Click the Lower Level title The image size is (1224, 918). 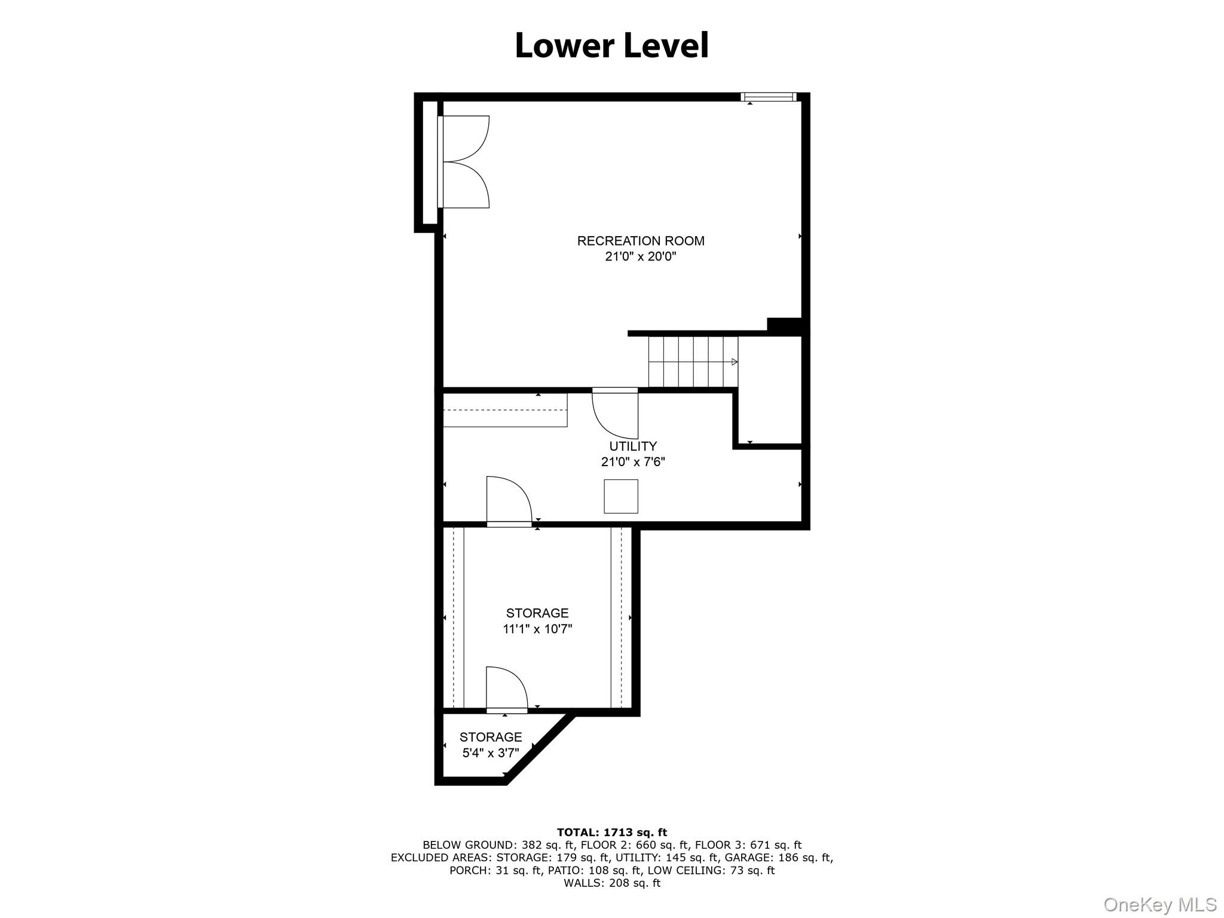coord(611,46)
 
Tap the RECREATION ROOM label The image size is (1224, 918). coord(641,241)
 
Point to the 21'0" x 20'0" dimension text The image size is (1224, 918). coord(641,257)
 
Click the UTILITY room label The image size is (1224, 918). coord(633,446)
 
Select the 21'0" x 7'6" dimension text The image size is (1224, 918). coord(633,462)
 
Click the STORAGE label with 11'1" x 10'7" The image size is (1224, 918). coord(537,613)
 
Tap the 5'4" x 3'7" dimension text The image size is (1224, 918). coord(491,753)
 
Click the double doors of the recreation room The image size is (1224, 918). coord(465,162)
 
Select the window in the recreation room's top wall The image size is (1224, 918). coord(769,97)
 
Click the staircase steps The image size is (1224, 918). coord(693,362)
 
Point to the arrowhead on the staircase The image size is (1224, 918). coord(735,362)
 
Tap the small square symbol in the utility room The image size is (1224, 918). coord(621,496)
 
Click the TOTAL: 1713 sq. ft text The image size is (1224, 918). coord(612,832)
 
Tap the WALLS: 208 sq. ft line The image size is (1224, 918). coord(612,883)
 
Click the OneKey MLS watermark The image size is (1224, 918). coord(1159,904)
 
